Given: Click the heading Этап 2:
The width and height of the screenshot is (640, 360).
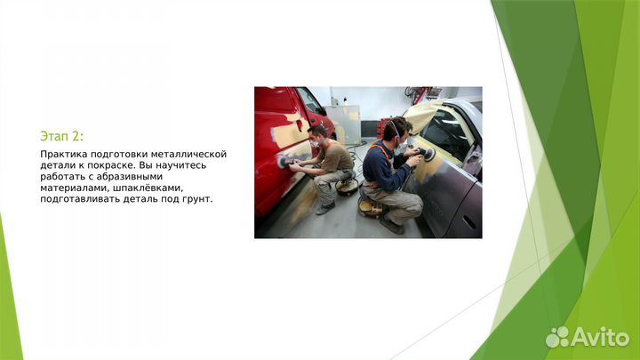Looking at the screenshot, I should tap(61, 135).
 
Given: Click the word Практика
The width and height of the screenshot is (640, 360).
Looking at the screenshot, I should tap(62, 154).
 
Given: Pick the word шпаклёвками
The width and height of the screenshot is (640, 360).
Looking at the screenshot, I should tap(148, 188).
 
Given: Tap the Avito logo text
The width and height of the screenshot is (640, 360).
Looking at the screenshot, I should tap(600, 336).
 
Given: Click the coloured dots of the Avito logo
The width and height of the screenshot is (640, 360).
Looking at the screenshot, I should tap(557, 337).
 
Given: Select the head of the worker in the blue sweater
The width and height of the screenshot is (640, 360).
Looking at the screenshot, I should tap(397, 130).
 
